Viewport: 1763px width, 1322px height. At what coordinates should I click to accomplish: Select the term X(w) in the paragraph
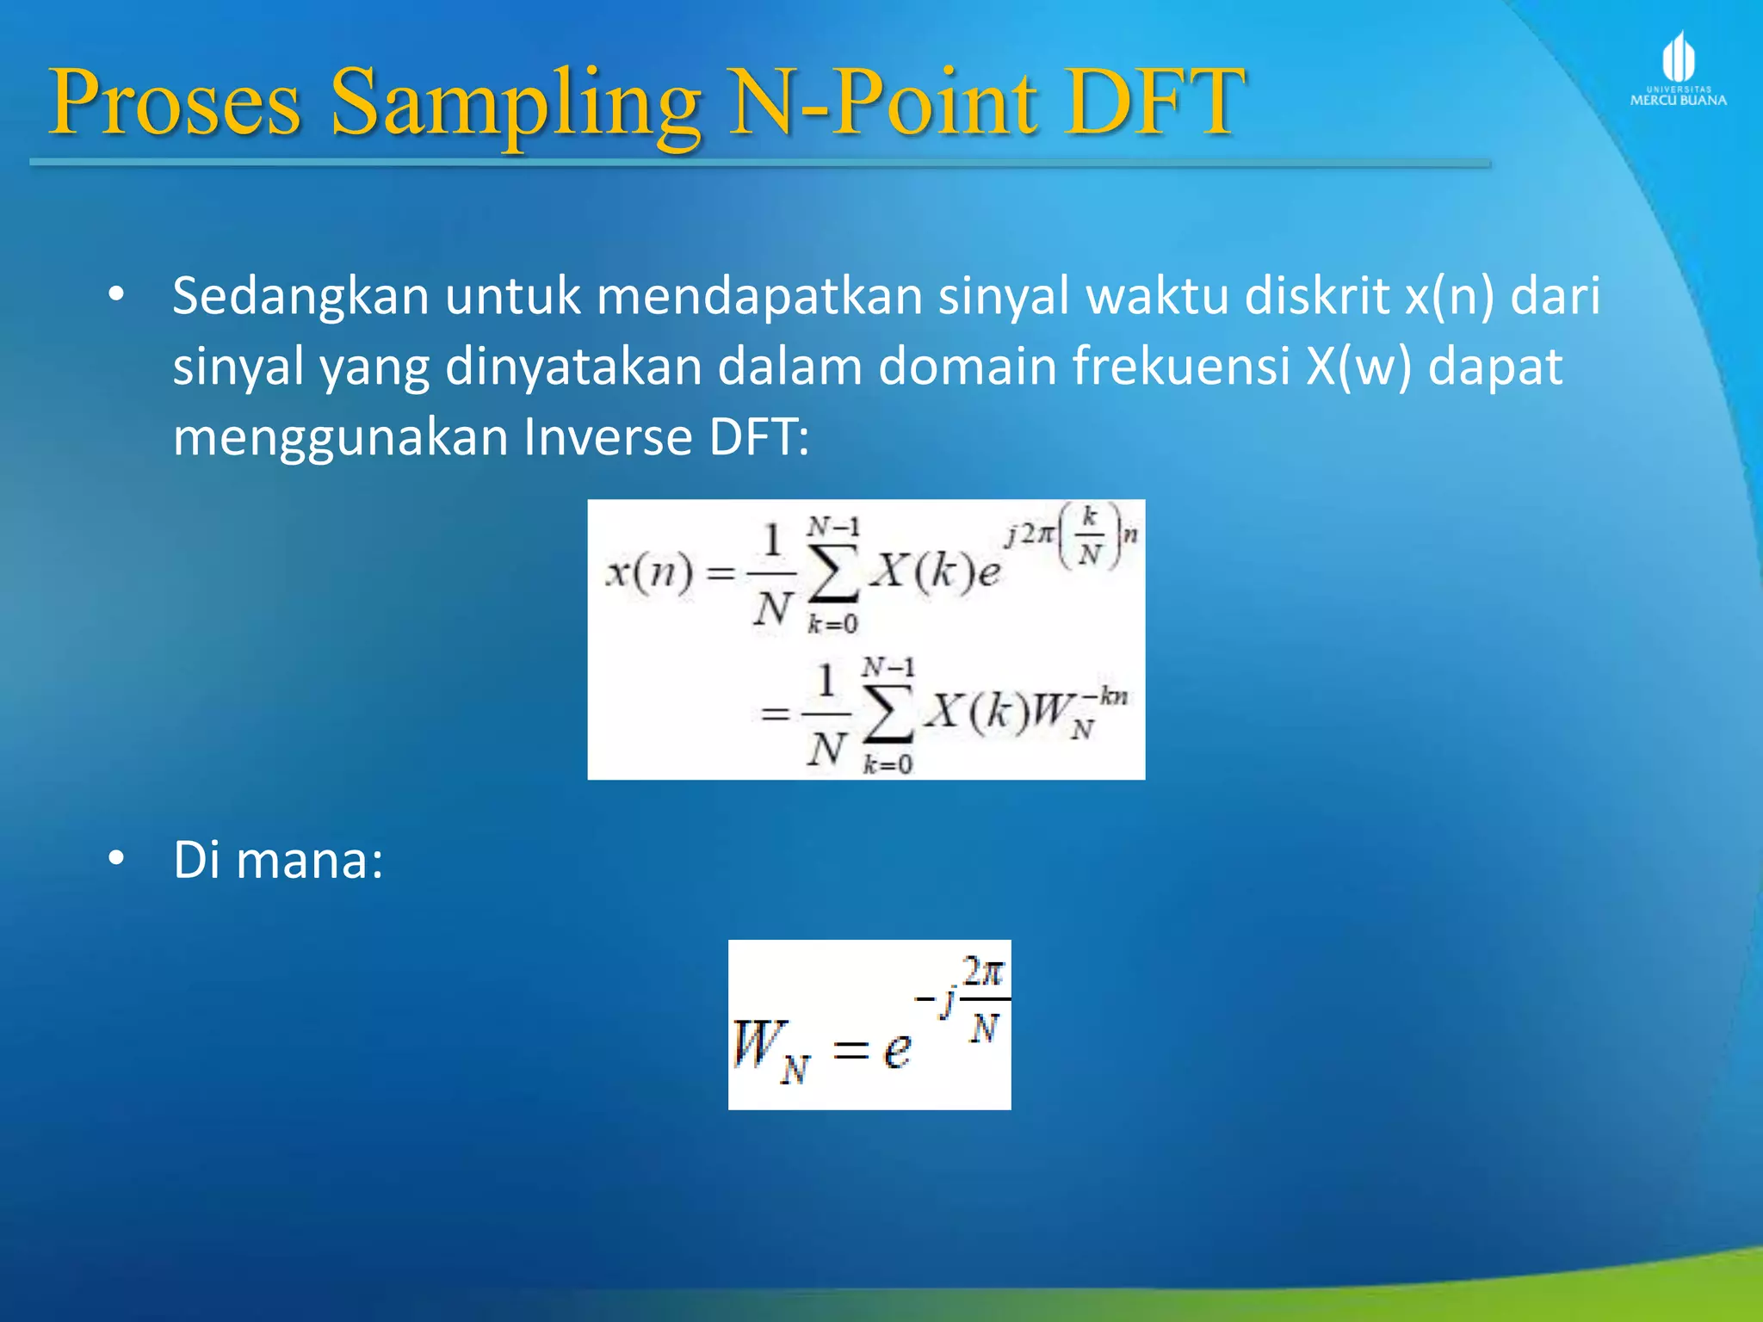(1359, 367)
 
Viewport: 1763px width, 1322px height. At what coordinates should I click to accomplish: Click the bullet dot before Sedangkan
(116, 295)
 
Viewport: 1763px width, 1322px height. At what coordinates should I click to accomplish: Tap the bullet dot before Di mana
(116, 859)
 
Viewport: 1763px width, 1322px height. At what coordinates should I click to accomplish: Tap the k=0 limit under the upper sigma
(832, 624)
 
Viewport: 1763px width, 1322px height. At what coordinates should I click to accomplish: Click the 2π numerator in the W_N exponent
(983, 973)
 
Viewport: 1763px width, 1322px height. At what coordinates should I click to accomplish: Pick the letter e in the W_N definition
(896, 1049)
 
